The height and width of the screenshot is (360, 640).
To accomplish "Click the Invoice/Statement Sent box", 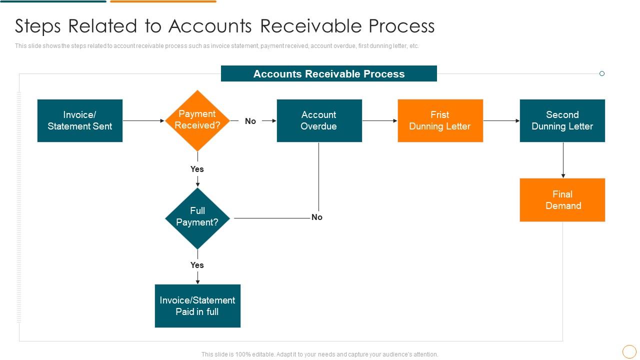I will [80, 120].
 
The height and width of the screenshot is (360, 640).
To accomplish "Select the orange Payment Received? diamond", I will [197, 120].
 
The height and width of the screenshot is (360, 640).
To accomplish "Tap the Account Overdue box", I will [319, 120].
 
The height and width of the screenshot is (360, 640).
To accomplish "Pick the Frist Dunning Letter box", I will [440, 120].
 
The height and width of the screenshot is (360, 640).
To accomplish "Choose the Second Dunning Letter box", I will [562, 120].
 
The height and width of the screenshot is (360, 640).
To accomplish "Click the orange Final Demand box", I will [562, 200].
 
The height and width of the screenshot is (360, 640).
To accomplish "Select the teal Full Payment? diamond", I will [197, 218].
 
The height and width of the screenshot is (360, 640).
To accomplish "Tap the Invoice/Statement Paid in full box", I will [197, 306].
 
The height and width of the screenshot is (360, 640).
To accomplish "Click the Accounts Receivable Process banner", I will [328, 74].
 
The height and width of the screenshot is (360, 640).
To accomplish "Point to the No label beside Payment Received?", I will [250, 121].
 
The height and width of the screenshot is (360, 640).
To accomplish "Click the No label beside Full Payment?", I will [317, 217].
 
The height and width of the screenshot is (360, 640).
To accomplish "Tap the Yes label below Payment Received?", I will [197, 169].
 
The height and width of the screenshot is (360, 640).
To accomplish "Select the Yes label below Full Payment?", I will [197, 265].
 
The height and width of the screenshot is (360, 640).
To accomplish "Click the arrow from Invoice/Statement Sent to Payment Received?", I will [143, 120].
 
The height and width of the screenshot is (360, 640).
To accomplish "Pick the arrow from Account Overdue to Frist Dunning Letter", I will [379, 120].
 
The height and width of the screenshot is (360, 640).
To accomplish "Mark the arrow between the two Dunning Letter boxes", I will [501, 120].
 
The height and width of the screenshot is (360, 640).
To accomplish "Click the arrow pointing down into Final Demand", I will [563, 160].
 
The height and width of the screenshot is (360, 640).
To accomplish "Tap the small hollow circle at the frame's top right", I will [602, 73].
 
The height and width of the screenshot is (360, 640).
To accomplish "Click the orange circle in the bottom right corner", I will [629, 351].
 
